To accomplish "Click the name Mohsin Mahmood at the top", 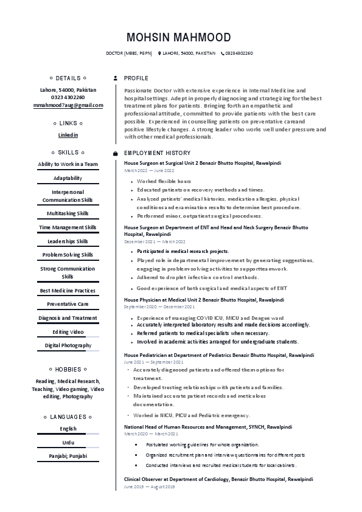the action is click(178, 37).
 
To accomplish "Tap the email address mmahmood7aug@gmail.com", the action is click(68, 105).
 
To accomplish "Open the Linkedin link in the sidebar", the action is click(68, 134).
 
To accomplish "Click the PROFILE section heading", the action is click(136, 78).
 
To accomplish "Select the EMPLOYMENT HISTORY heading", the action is click(157, 153).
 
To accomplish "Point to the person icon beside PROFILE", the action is click(116, 78).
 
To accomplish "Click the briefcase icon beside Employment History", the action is click(116, 153).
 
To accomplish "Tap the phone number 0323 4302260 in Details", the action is click(68, 97).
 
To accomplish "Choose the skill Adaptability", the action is click(68, 179).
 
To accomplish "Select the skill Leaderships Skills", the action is click(68, 241).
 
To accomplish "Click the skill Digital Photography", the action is click(68, 345).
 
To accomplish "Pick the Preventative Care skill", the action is click(68, 303).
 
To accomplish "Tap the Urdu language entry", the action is click(68, 442).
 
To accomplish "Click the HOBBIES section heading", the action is click(68, 369).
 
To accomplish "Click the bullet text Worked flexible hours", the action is click(164, 181).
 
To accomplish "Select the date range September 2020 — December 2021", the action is click(159, 307).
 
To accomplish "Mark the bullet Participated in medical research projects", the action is click(183, 251).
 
